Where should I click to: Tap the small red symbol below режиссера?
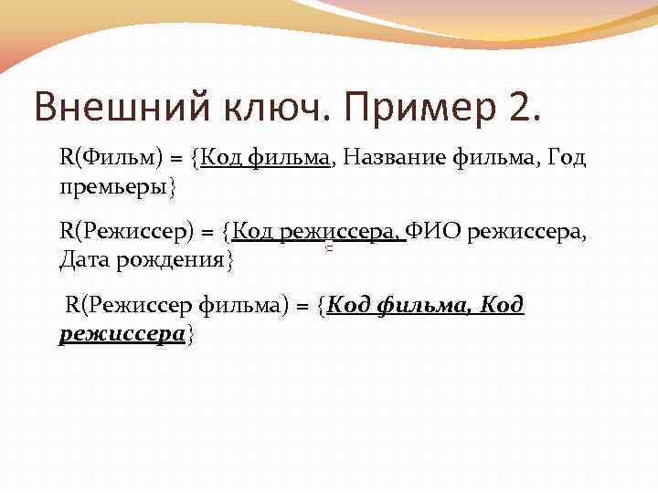point(327,248)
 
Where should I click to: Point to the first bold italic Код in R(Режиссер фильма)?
point(346,305)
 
